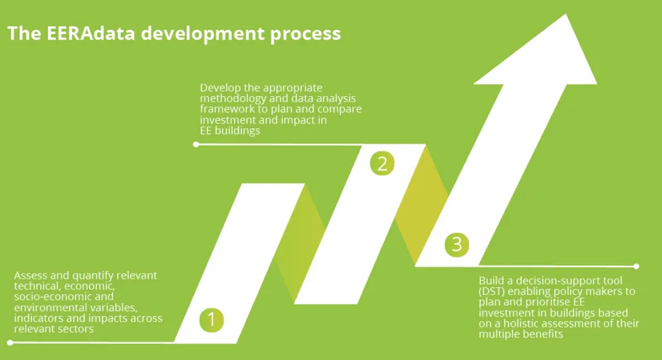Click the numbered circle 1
click(x=211, y=320)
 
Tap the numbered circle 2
click(x=382, y=164)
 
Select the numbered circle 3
click(x=457, y=245)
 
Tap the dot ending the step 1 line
click(x=10, y=343)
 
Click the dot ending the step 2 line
click(x=196, y=144)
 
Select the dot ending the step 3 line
click(x=637, y=267)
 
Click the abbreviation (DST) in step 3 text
click(x=493, y=291)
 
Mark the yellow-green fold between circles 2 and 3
click(x=421, y=205)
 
